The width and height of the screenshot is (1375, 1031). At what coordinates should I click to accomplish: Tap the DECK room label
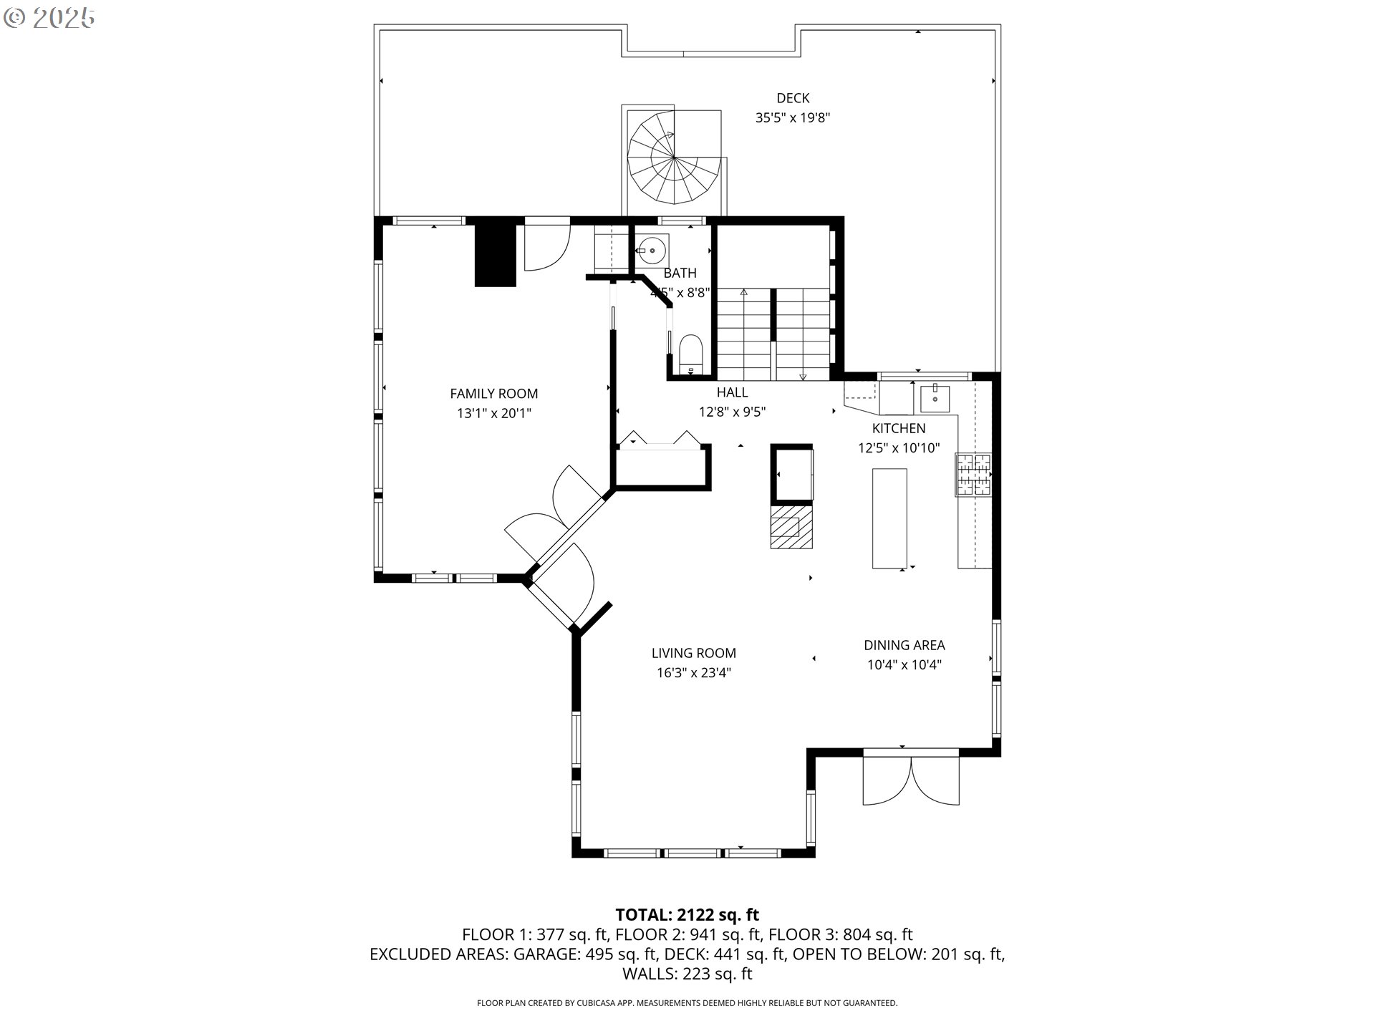coord(793,98)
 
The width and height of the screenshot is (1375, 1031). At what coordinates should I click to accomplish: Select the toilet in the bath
coord(691,354)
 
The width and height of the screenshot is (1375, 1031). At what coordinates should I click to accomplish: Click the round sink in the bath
coord(652,251)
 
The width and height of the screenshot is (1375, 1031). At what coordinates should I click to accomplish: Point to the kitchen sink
coord(935,398)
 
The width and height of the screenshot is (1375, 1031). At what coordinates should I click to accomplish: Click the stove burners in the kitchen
coord(973,475)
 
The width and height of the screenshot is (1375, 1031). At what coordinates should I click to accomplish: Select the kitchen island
coord(889,518)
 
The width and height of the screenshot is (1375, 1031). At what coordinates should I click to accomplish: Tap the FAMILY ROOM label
coord(493,393)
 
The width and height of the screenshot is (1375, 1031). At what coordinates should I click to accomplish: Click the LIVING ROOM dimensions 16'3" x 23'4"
coord(694,673)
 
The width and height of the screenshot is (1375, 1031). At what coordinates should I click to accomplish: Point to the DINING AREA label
coord(904,645)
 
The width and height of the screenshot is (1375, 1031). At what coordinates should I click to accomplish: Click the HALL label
coord(732,392)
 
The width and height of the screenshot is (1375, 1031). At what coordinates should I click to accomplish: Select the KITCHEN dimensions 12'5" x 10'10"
coord(899,448)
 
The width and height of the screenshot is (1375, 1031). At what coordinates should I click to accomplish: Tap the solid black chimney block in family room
coord(496,256)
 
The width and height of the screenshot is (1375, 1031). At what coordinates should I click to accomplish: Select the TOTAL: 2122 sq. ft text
coord(687,914)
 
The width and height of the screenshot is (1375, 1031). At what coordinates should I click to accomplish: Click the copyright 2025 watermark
coord(49,19)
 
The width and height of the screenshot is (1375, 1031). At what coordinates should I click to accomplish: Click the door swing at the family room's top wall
coord(546,248)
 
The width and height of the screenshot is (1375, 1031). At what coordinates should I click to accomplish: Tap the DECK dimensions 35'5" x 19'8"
coord(793,117)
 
